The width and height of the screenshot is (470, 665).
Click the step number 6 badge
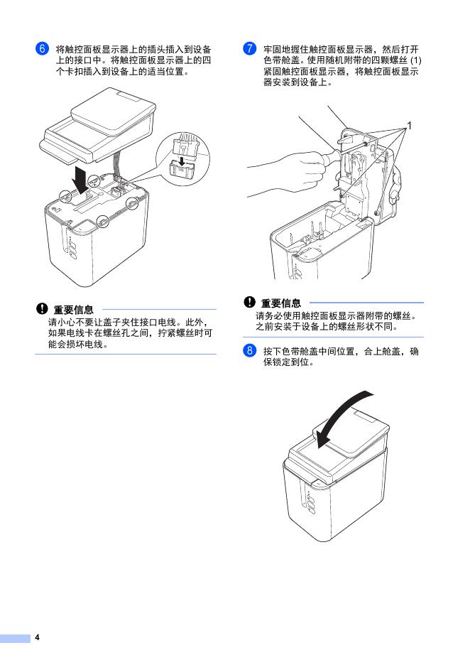tap(42, 49)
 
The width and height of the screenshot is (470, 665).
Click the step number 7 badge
tap(249, 49)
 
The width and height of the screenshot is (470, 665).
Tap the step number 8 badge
tap(249, 351)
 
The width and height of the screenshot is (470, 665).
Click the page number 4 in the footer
tap(36, 637)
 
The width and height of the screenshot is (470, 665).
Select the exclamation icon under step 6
tap(42, 309)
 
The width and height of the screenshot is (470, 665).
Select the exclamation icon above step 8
tap(249, 303)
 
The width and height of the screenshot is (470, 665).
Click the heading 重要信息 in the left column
tap(73, 310)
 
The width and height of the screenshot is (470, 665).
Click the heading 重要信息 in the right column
tap(281, 303)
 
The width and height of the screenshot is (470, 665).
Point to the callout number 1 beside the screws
tap(410, 126)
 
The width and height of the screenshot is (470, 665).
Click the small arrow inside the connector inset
tap(182, 161)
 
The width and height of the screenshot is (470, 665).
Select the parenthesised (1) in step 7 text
tap(415, 60)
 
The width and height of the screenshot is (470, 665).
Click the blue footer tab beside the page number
tap(15, 637)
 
